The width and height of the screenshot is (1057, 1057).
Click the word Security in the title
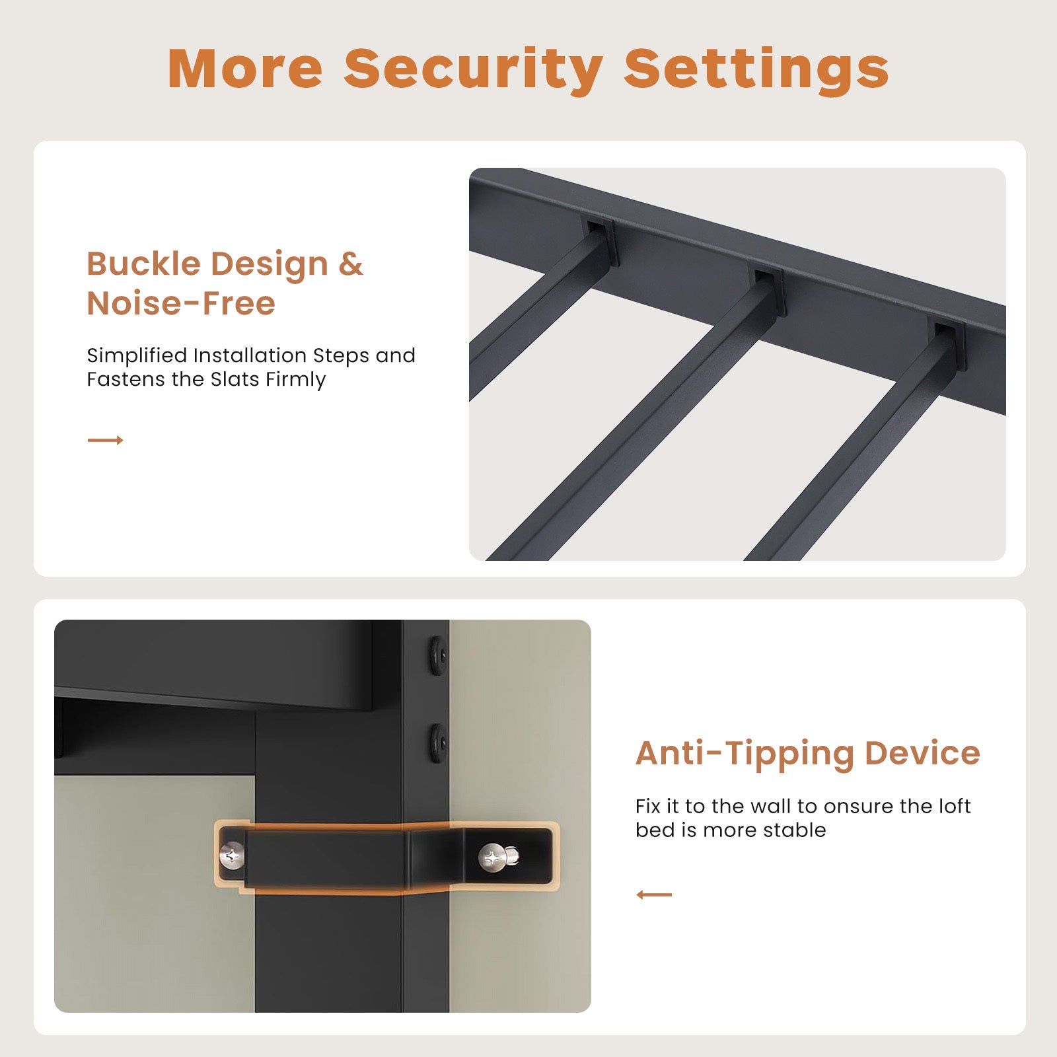click(473, 69)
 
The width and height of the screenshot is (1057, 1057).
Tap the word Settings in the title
click(756, 69)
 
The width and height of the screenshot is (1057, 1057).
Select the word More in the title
click(244, 68)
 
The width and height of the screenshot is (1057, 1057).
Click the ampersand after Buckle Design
click(351, 264)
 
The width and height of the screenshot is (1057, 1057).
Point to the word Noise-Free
click(181, 303)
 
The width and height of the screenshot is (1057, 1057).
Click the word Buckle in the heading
click(143, 264)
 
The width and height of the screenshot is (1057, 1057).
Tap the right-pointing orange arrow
click(106, 440)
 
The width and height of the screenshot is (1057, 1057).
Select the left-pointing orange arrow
click(654, 894)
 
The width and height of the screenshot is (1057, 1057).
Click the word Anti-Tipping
click(745, 754)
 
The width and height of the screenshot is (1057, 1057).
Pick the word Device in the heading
click(922, 753)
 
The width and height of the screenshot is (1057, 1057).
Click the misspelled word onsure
click(859, 807)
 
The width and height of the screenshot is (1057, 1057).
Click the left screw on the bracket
click(232, 856)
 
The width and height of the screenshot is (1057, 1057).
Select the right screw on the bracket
click(497, 857)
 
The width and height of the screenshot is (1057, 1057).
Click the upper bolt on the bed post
click(437, 654)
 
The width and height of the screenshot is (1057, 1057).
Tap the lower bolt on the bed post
click(437, 743)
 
